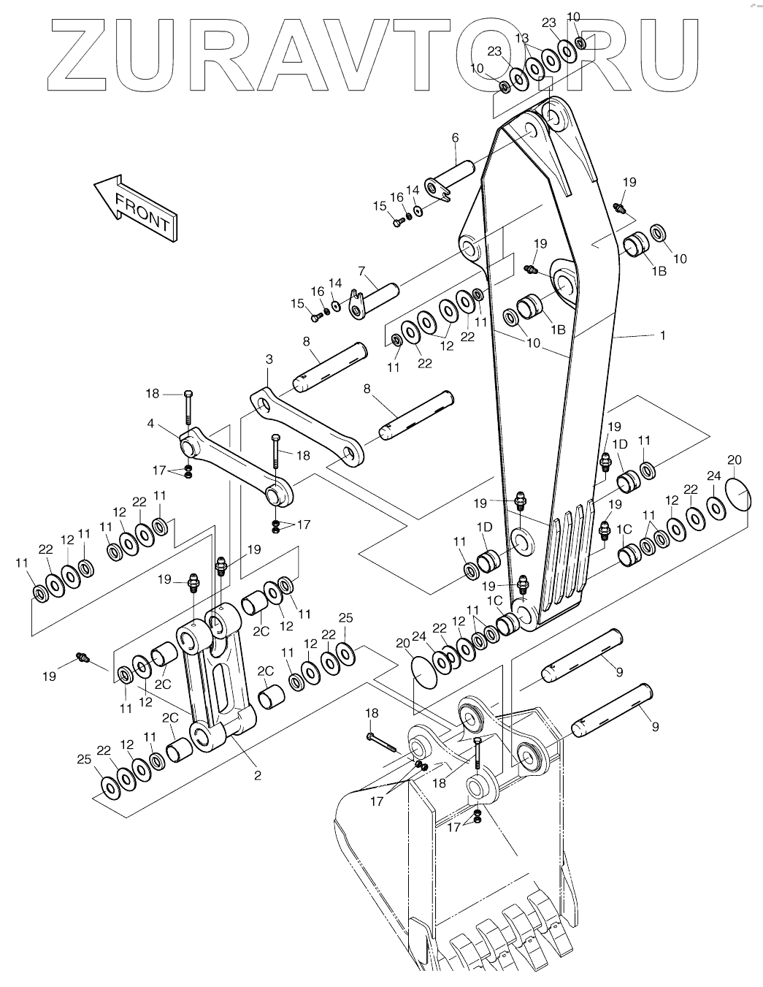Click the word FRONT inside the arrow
click(x=142, y=212)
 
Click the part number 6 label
click(x=456, y=137)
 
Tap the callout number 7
click(x=361, y=271)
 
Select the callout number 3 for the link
click(x=269, y=359)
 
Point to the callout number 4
click(x=150, y=424)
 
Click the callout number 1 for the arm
click(x=663, y=335)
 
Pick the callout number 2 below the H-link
click(x=258, y=775)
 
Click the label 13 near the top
click(x=522, y=38)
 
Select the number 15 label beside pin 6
click(x=380, y=206)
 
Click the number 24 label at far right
click(x=714, y=476)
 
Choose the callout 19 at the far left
click(x=49, y=677)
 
